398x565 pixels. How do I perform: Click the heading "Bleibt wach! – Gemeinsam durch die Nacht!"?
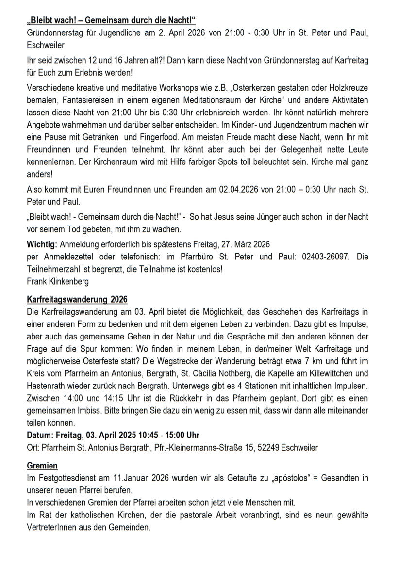(112, 7)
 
